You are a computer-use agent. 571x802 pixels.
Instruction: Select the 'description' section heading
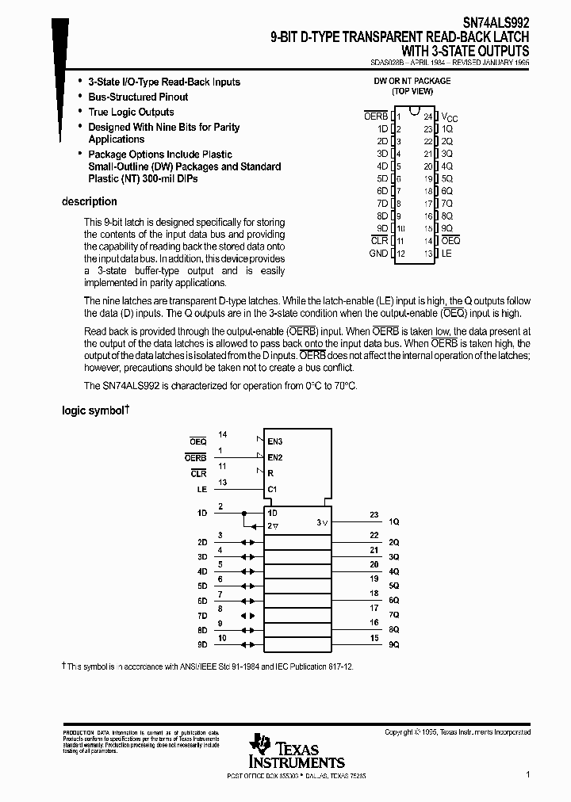click(89, 202)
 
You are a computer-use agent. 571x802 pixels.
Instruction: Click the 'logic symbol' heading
click(94, 411)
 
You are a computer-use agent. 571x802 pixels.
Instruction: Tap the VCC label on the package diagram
click(450, 117)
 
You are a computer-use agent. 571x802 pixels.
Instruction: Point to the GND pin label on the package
click(378, 254)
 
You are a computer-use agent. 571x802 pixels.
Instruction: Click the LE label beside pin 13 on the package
click(446, 254)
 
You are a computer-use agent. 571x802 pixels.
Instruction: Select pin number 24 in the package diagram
click(427, 116)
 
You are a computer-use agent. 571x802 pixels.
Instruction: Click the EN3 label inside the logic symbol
click(275, 441)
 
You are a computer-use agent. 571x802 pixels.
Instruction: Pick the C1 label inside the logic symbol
click(272, 489)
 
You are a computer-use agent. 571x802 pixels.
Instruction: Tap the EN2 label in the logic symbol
click(275, 457)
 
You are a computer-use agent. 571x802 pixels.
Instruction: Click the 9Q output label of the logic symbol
click(393, 645)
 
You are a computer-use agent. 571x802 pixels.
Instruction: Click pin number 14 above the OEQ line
click(223, 434)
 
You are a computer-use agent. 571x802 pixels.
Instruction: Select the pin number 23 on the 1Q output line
click(374, 514)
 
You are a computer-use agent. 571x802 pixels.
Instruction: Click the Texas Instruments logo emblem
click(259, 746)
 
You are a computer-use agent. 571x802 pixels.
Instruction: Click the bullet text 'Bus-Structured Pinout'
click(138, 97)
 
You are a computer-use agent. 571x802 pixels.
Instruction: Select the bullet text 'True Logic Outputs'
click(131, 112)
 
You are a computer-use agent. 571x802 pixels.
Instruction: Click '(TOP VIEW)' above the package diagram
click(412, 91)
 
